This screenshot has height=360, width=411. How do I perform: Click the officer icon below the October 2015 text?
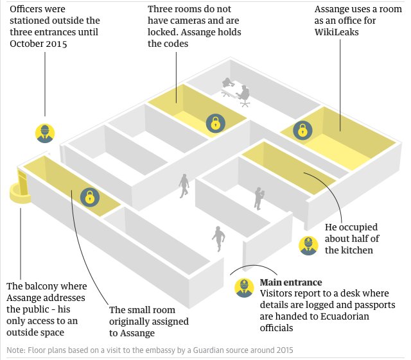(x=44, y=133)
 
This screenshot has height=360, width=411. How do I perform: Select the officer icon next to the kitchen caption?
(x=308, y=245)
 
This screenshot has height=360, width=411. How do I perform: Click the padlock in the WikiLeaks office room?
(x=301, y=130)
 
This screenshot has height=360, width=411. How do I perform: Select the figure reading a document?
(x=258, y=198)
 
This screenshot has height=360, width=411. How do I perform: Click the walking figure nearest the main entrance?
(x=220, y=239)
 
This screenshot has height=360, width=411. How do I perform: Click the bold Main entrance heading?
(x=290, y=282)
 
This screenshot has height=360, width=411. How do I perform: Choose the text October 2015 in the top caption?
(x=39, y=44)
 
